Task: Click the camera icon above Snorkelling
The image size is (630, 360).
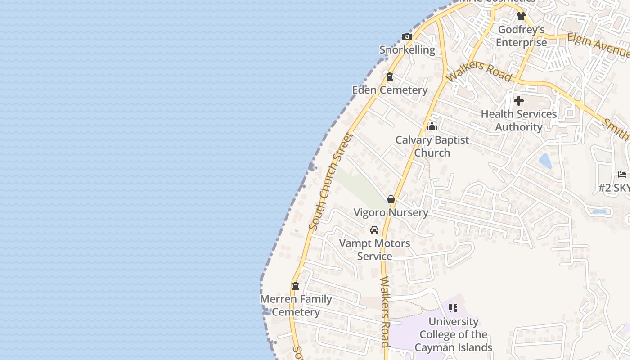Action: coord(407,37)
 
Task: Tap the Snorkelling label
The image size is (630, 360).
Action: coord(407,50)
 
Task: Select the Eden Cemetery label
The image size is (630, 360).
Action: coord(390,90)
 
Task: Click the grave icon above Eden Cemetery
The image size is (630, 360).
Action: coord(390,76)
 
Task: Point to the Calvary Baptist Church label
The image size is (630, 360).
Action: coord(432,146)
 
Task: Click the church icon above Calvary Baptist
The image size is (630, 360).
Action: coord(432,126)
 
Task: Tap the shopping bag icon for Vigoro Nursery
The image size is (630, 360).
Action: coord(391,199)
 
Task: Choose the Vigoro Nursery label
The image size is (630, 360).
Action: coord(391,212)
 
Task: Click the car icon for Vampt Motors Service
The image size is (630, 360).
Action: coord(374,230)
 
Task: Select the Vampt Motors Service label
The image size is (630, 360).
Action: coord(374,250)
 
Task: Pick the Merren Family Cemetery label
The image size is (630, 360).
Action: coord(296,306)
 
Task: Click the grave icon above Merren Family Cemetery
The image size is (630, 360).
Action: coord(296,286)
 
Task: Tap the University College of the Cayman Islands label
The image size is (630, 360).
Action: coord(453,334)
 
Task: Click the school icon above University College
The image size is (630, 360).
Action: coord(453,308)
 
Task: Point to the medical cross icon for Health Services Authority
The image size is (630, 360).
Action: coord(519,101)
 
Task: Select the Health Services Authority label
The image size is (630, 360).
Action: coord(519,121)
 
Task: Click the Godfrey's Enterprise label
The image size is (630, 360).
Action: coord(522,36)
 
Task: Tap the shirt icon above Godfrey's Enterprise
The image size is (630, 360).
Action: coord(521,16)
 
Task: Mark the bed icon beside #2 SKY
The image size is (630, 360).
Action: coord(622,175)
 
